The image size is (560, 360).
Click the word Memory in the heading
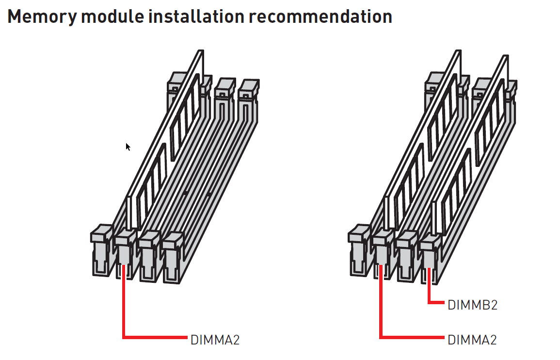(x=42, y=17)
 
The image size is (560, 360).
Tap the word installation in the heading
(x=196, y=16)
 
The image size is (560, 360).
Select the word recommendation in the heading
(x=320, y=16)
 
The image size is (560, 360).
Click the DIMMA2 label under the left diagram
(x=215, y=340)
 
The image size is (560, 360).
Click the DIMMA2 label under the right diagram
(x=472, y=340)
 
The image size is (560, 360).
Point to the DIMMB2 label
(x=473, y=305)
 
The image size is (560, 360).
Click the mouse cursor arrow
(x=128, y=147)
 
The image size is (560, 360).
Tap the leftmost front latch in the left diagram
(x=101, y=250)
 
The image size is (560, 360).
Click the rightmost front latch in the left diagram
(x=174, y=258)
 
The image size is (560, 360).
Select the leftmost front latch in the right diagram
(x=359, y=250)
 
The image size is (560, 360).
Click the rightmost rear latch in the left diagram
(x=249, y=100)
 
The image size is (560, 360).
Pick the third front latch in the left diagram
(x=149, y=256)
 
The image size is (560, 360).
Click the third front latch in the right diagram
(x=407, y=256)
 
